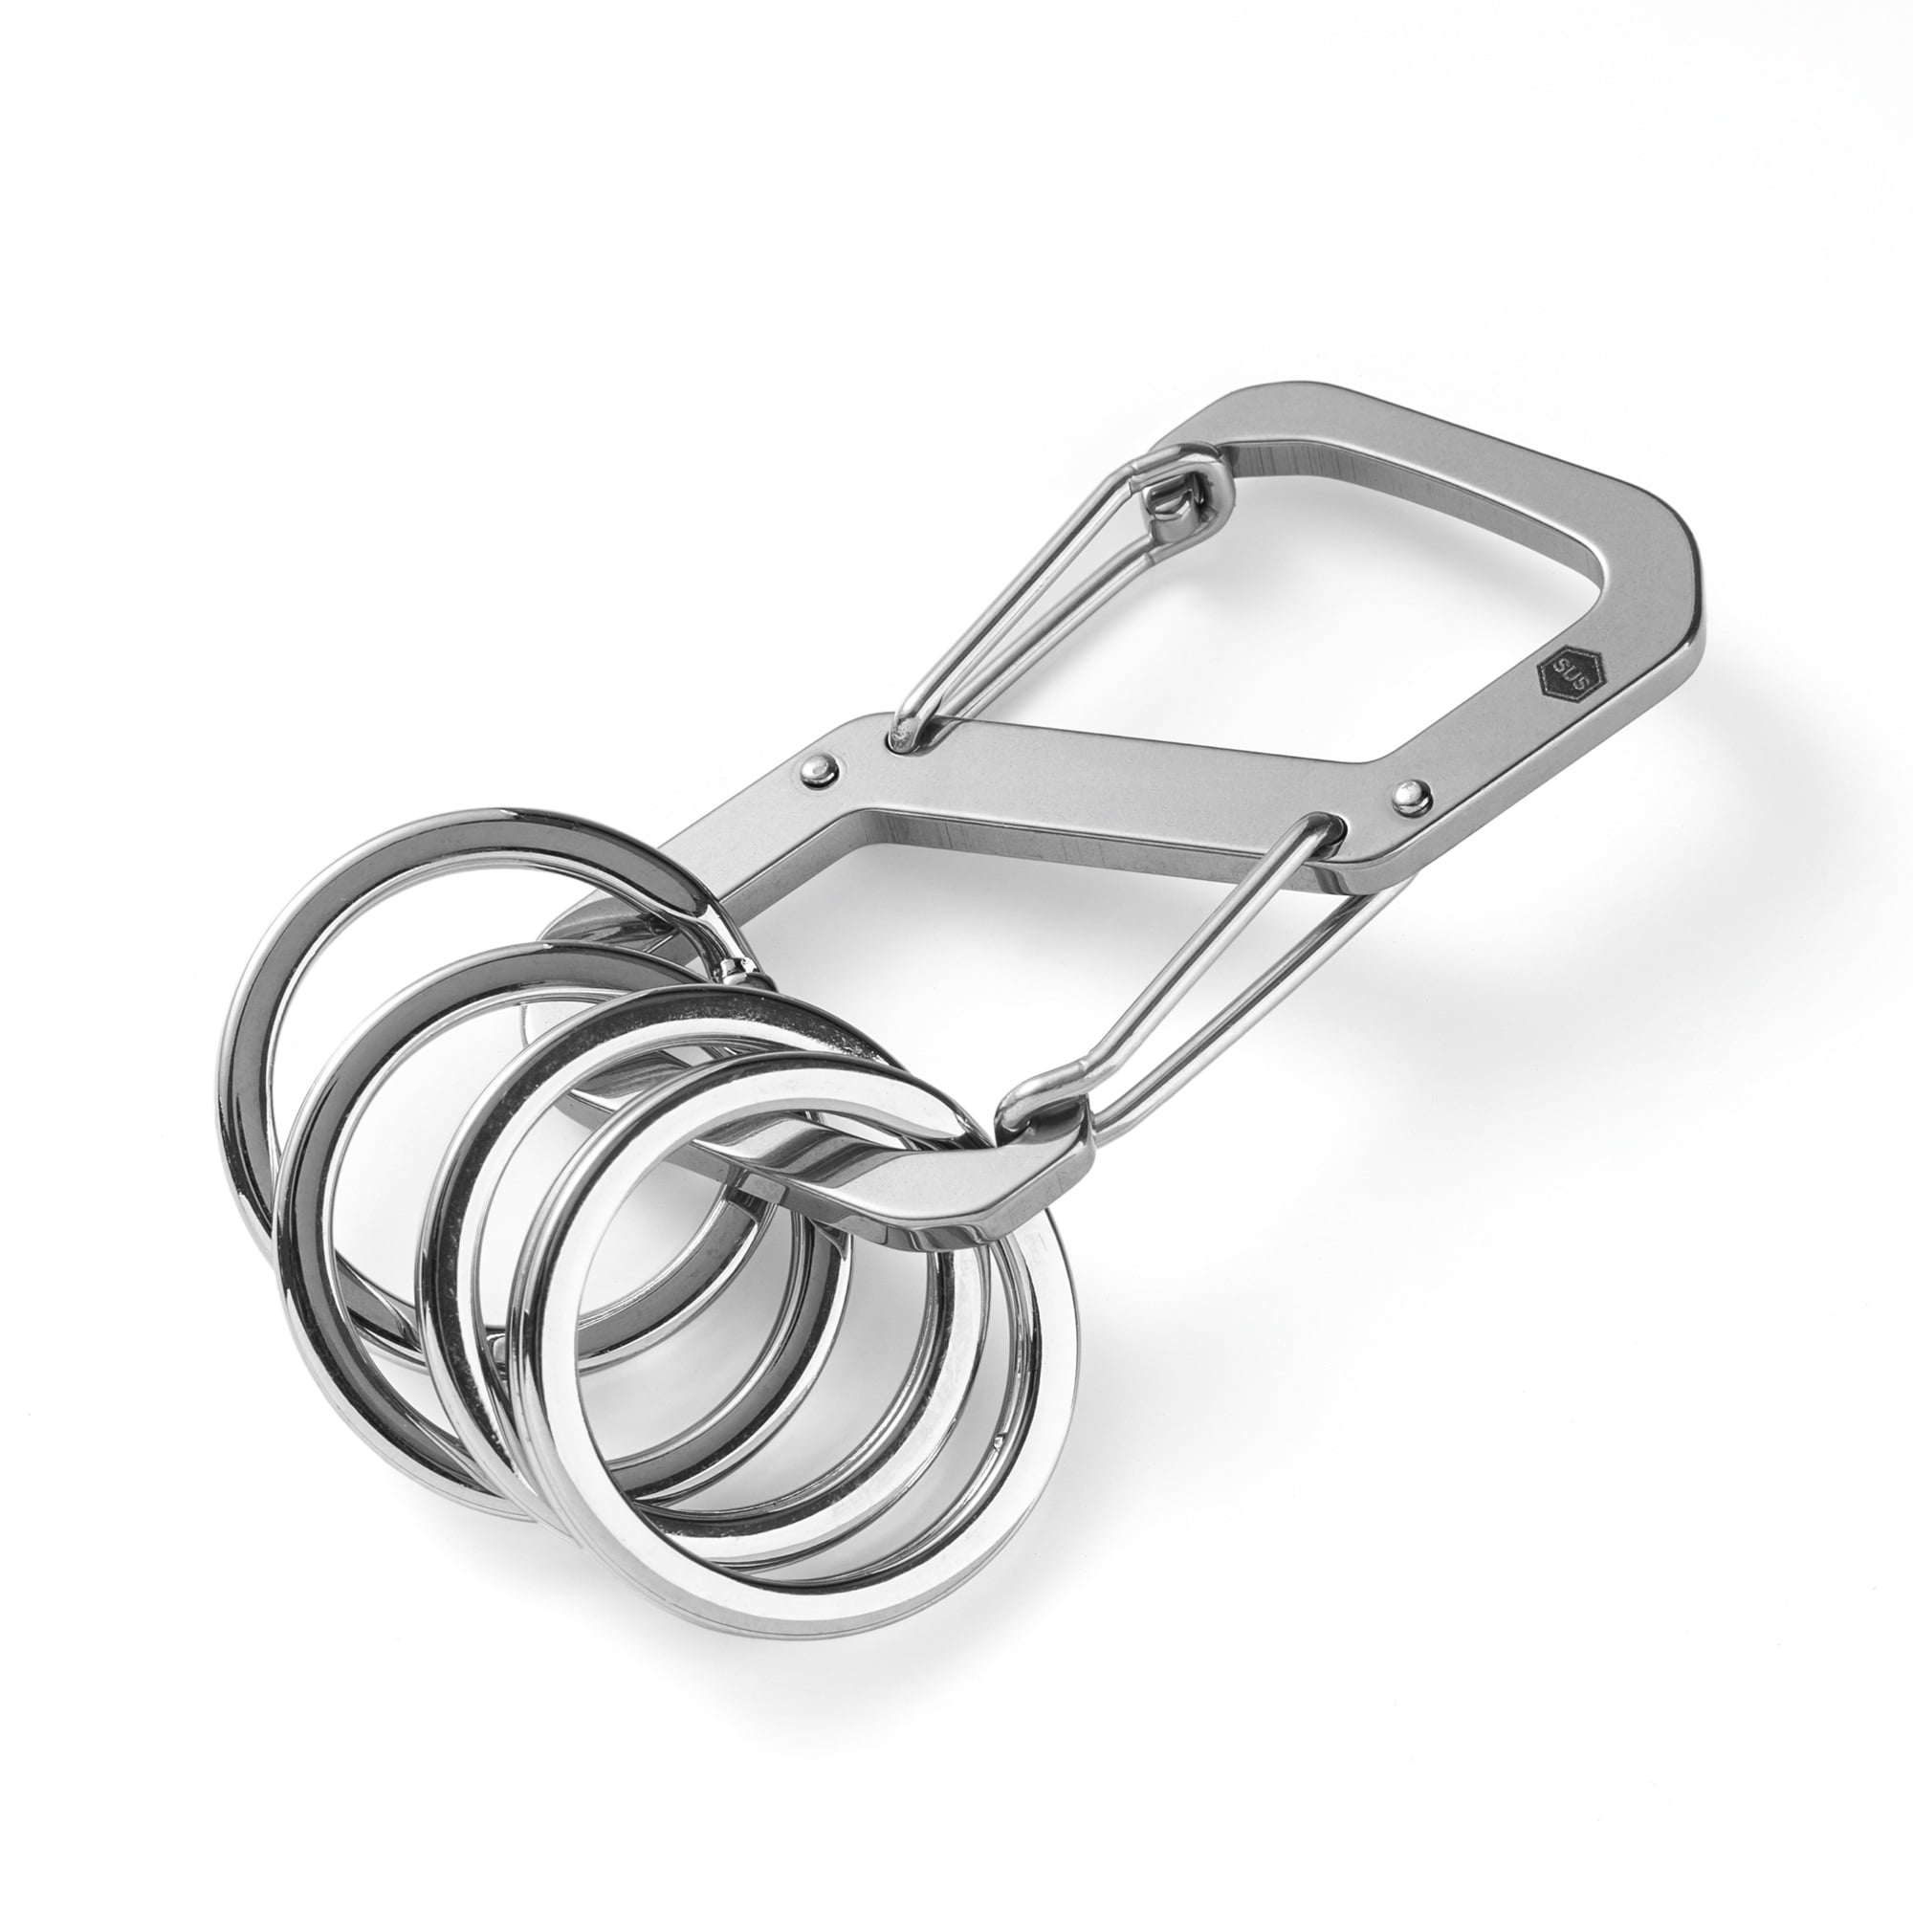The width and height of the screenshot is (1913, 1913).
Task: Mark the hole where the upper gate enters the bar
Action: point(903,738)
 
